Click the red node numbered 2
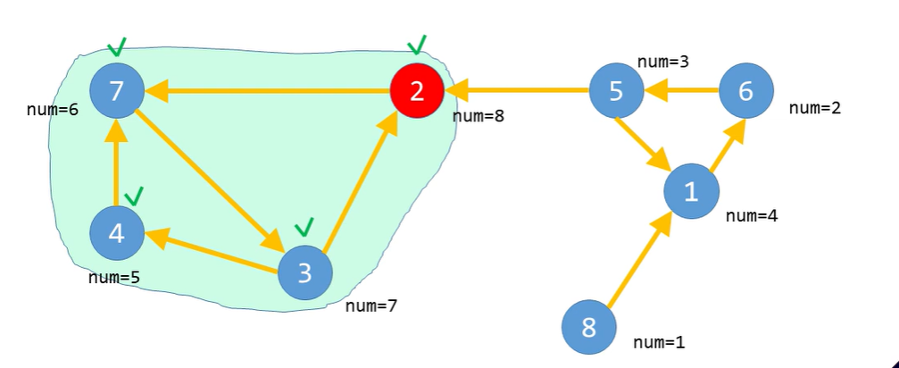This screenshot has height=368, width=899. [417, 91]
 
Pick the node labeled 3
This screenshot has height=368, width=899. [304, 273]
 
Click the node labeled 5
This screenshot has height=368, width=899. [616, 91]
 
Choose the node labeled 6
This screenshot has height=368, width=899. [746, 91]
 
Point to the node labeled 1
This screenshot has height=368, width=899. [691, 191]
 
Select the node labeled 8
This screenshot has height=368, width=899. [588, 328]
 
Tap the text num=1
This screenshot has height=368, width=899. [660, 342]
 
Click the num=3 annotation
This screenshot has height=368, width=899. [662, 62]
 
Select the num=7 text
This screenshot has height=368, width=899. [371, 306]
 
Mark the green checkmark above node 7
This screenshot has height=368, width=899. [116, 46]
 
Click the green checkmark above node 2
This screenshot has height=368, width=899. [416, 44]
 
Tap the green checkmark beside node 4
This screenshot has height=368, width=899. [135, 194]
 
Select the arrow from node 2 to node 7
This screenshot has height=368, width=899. [268, 90]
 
